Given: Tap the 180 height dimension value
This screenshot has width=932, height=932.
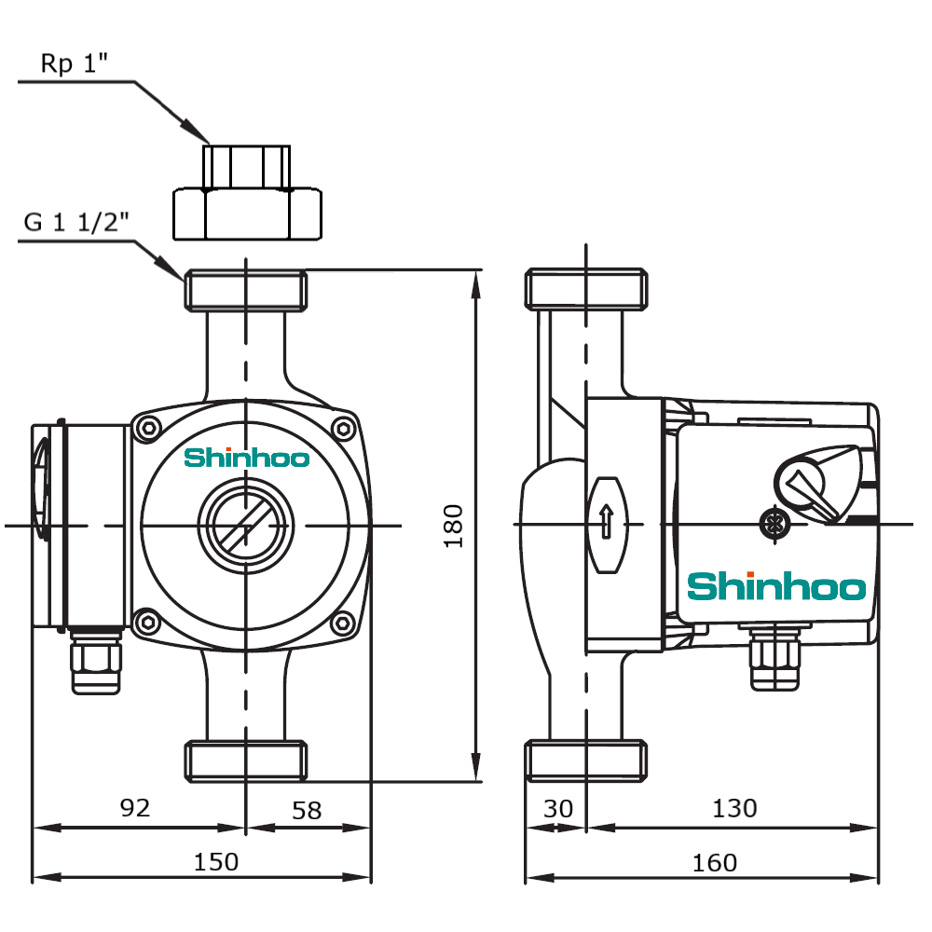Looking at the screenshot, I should tap(454, 526).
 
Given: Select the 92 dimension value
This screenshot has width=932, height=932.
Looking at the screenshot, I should tap(135, 808).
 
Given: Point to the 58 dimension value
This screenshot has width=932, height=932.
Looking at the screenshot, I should tap(307, 809).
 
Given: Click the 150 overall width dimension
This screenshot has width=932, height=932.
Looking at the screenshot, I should tap(215, 861).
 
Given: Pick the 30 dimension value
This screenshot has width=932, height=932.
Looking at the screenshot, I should tap(558, 808).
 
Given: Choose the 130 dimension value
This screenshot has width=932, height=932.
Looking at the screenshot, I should tap(734, 808).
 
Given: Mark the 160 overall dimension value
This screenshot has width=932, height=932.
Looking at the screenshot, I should tap(715, 861).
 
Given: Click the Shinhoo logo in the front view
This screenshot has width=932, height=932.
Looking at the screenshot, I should tap(246, 458).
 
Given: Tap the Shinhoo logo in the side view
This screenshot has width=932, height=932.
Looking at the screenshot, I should tap(776, 587).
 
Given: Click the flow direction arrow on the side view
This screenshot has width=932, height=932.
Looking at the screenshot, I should tap(606, 522).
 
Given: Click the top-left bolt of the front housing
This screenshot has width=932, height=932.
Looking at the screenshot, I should tap(146, 429).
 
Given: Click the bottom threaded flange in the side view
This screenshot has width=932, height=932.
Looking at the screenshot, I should tap(586, 760).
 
